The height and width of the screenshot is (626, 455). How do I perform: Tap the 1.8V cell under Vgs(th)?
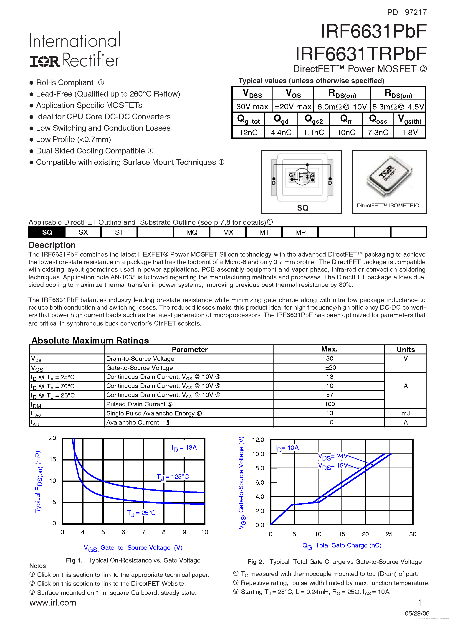pyautogui.click(x=409, y=132)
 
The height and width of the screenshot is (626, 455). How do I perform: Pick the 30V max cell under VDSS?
pyautogui.click(x=252, y=107)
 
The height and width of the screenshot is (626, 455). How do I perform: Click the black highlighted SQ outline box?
pyautogui.click(x=47, y=232)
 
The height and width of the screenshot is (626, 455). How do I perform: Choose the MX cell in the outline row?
pyautogui.click(x=228, y=232)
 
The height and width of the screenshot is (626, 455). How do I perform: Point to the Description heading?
pyautogui.click(x=52, y=245)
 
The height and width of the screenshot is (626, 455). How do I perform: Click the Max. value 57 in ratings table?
pyautogui.click(x=329, y=395)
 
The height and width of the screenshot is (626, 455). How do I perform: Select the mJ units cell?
pyautogui.click(x=405, y=413)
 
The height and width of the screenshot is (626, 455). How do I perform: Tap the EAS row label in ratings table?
pyautogui.click(x=36, y=413)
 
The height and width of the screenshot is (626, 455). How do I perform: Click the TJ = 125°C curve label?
pyautogui.click(x=173, y=477)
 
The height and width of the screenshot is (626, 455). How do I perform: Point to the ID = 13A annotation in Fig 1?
pyautogui.click(x=184, y=448)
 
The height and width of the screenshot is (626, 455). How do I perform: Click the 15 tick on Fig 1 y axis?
pyautogui.click(x=53, y=459)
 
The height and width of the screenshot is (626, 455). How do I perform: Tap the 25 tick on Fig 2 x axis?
pyautogui.click(x=389, y=534)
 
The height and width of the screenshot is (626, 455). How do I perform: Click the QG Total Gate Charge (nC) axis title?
pyautogui.click(x=342, y=545)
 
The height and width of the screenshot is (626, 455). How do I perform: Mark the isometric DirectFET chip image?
pyautogui.click(x=389, y=176)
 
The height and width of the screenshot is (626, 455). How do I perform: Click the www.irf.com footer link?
pyautogui.click(x=53, y=603)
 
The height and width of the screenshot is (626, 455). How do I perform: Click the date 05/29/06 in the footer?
pyautogui.click(x=417, y=613)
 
